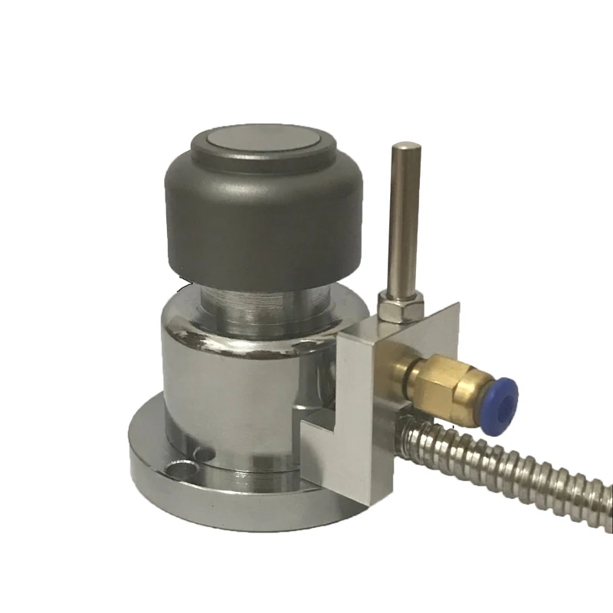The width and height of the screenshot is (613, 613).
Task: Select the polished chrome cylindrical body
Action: (x=222, y=383)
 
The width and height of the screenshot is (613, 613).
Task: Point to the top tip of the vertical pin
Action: (x=405, y=146)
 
